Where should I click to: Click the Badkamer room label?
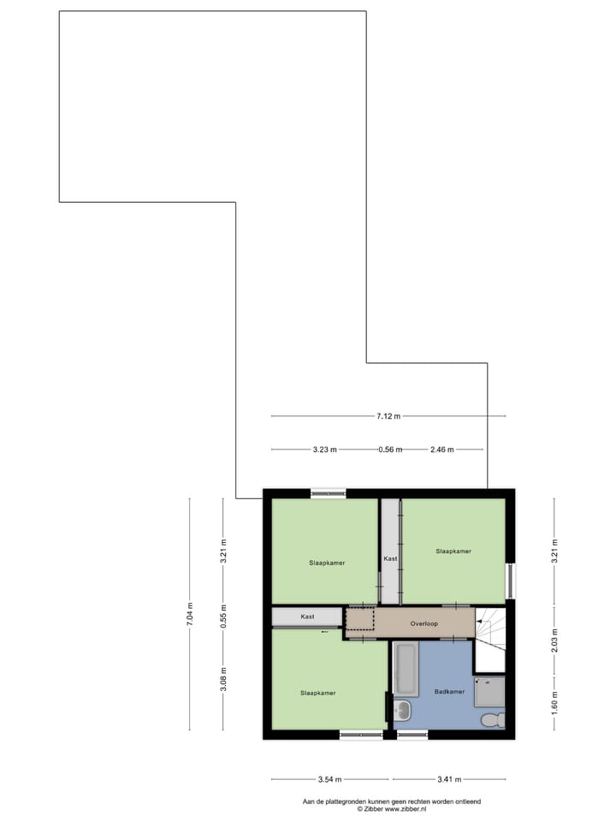[x=448, y=692]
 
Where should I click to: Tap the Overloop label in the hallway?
[x=423, y=623]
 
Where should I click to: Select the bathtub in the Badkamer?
[x=406, y=669]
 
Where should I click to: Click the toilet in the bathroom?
[x=491, y=719]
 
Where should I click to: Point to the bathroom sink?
[x=402, y=711]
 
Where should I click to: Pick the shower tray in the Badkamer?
[x=489, y=690]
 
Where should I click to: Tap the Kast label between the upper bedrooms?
[x=390, y=558]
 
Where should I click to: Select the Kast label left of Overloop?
[x=307, y=616]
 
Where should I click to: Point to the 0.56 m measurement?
[x=390, y=450]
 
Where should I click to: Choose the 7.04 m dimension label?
[x=190, y=614]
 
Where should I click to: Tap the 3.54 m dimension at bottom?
[x=329, y=779]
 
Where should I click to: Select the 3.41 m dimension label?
[x=448, y=779]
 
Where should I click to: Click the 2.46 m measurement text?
[x=441, y=450]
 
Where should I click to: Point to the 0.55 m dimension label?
[x=223, y=615]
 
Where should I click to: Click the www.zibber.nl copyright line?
[x=391, y=808]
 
